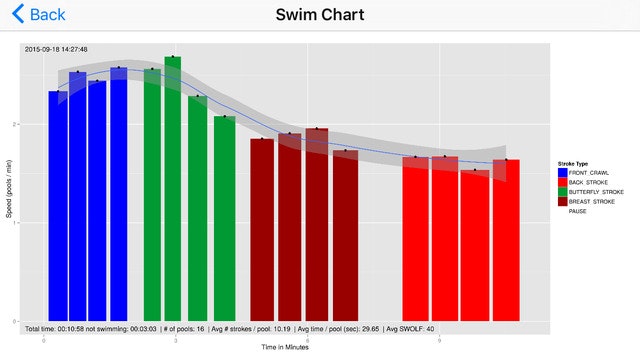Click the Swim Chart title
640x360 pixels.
pyautogui.click(x=320, y=15)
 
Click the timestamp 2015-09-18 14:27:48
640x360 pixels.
pyautogui.click(x=56, y=48)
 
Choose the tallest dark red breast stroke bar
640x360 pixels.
pyautogui.click(x=317, y=224)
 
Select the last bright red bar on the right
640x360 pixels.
pyautogui.click(x=506, y=240)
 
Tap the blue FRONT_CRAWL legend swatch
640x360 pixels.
pyautogui.click(x=562, y=173)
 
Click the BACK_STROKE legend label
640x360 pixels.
pyautogui.click(x=590, y=182)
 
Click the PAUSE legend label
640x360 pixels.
pyautogui.click(x=578, y=211)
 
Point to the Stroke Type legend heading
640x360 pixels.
pyautogui.click(x=574, y=163)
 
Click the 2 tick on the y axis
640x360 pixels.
pyautogui.click(x=18, y=124)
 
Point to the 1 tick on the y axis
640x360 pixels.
pyautogui.click(x=18, y=222)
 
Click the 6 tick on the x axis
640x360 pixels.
pyautogui.click(x=308, y=340)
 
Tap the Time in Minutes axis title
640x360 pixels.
pyautogui.click(x=286, y=348)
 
